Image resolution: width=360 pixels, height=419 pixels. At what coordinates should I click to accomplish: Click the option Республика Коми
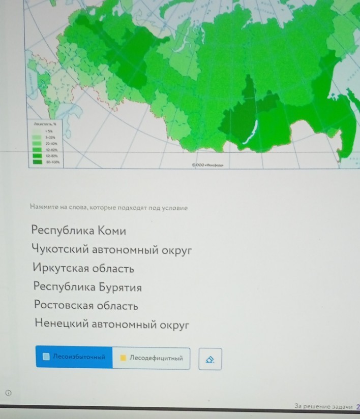pos(78,231)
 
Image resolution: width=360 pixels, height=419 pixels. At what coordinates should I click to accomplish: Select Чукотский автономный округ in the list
pos(112,250)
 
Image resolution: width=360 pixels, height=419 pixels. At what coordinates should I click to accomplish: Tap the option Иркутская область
pos(83,268)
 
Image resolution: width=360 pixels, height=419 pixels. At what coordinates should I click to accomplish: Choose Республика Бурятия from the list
pos(87,287)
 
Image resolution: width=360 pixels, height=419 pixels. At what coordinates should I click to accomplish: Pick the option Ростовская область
pos(86,306)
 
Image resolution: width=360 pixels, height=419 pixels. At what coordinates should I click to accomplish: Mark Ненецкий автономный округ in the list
pos(112,324)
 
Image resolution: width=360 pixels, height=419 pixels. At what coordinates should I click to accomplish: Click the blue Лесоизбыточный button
pos(74,357)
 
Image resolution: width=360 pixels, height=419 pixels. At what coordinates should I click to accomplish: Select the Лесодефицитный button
pos(151,358)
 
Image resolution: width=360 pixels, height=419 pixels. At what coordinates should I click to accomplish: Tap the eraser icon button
pos(210,359)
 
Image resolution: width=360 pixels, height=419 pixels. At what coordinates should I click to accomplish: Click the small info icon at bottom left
pos(8,392)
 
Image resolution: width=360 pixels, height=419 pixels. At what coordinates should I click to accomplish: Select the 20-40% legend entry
pos(50,144)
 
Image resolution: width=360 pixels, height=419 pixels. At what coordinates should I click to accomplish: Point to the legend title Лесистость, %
pos(45,123)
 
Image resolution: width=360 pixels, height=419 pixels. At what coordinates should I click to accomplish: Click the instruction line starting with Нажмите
pos(109,208)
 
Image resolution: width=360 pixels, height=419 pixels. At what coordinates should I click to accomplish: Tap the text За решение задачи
pos(323,406)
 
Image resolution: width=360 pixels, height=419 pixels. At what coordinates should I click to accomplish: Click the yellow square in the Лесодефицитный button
pos(123,358)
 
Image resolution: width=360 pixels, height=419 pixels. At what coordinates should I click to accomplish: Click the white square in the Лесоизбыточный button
pos(46,357)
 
